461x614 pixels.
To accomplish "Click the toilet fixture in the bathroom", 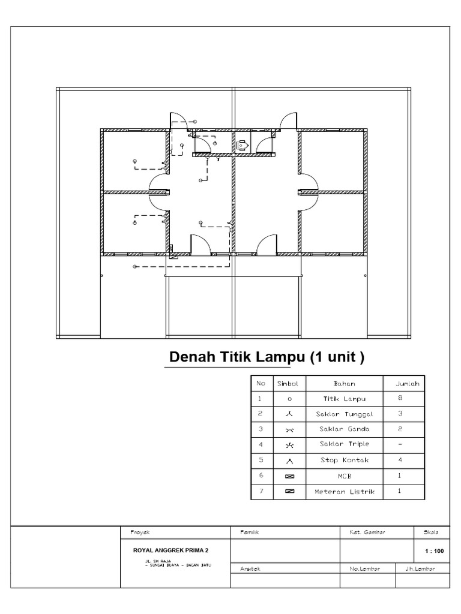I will tap(243, 145).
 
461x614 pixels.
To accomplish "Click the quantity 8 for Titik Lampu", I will tap(400, 398).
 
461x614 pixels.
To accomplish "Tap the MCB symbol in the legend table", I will tap(289, 477).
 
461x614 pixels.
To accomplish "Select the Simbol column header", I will tap(289, 383).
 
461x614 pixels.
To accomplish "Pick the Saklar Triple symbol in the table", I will tap(289, 445).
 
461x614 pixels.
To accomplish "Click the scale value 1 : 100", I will tap(434, 550).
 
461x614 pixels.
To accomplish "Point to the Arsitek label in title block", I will tap(243, 568).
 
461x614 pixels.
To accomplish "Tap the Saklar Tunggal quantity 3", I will tap(400, 414).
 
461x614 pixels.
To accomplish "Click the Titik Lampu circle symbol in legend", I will tap(289, 398).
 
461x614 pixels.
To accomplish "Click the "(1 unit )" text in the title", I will tap(337, 357).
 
